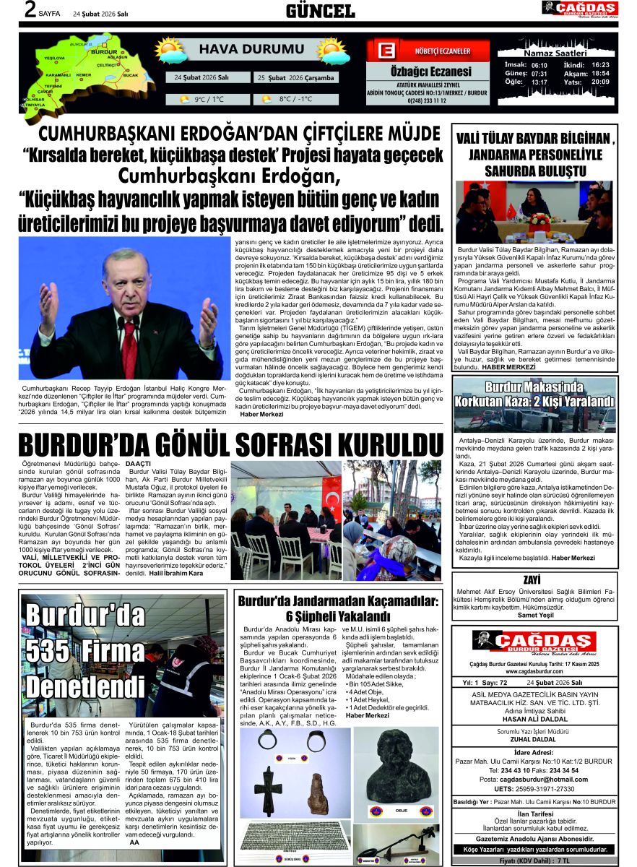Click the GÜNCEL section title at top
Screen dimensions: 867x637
coord(319,11)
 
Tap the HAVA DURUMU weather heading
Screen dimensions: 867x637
coord(241,49)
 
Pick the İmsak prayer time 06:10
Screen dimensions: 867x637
coord(539,65)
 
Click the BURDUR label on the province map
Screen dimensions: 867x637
coord(105,53)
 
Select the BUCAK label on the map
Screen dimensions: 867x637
coord(131,75)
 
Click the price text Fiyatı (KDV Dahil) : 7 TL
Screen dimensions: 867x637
coord(534,861)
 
